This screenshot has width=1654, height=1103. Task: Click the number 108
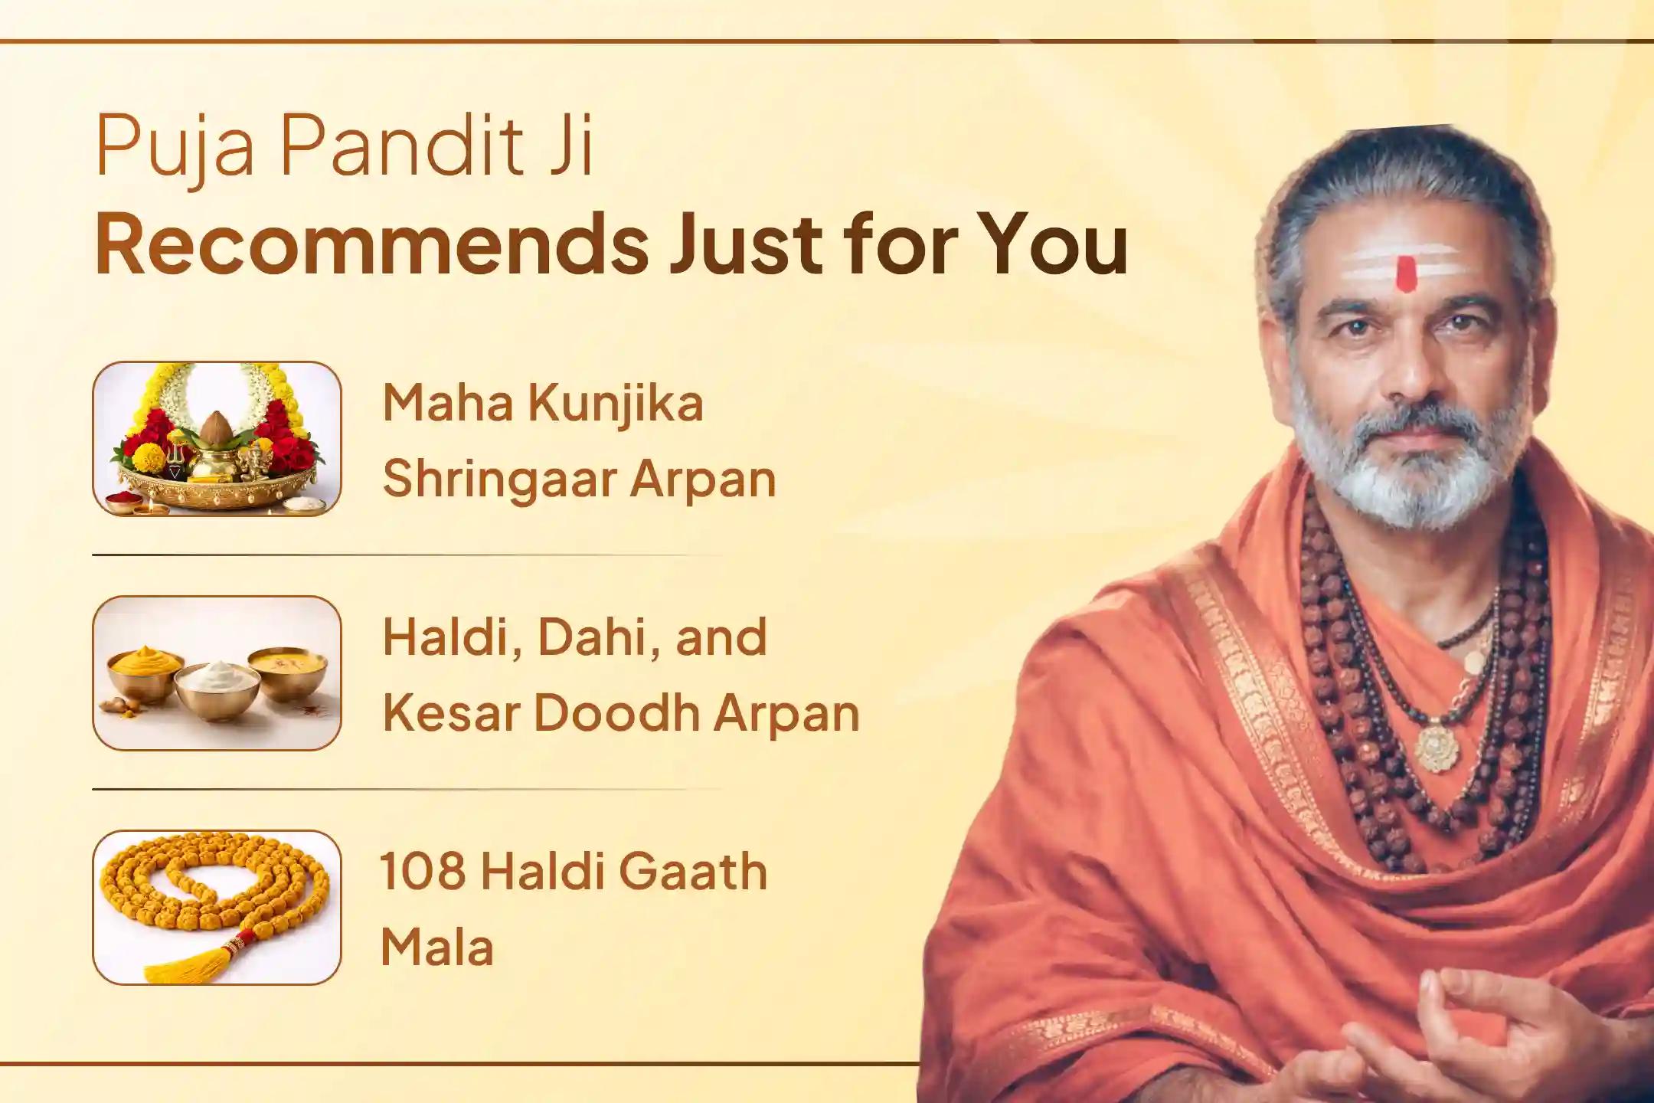point(423,872)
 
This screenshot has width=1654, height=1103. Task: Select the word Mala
point(436,947)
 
